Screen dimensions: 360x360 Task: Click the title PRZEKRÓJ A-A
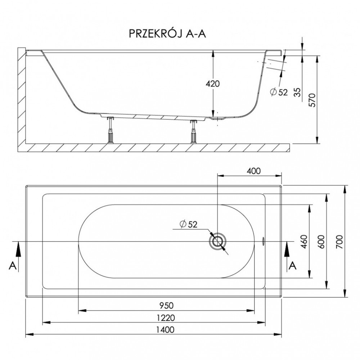click(x=167, y=34)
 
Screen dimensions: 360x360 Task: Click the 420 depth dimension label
click(x=213, y=84)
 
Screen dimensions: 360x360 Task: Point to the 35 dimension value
click(x=297, y=92)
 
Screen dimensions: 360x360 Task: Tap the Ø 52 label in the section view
click(x=279, y=92)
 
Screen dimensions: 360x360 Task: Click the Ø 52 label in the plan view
click(x=189, y=224)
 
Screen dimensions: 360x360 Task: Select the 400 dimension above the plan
click(x=254, y=171)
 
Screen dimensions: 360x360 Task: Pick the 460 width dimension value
click(x=304, y=242)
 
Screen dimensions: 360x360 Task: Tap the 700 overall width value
click(x=339, y=242)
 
